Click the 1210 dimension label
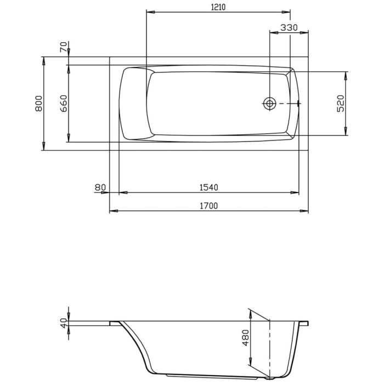pos(218,7)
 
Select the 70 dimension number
pos(64,47)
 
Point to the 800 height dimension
pos(38,104)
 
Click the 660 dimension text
pos(64,104)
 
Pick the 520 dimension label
pos(340,104)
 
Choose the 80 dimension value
pos(100,188)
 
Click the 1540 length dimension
pos(208,188)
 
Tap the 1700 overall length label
pos(208,206)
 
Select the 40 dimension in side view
pos(64,323)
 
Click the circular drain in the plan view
pos(269,103)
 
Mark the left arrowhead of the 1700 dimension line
pos(113,211)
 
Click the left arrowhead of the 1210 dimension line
pos(150,12)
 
